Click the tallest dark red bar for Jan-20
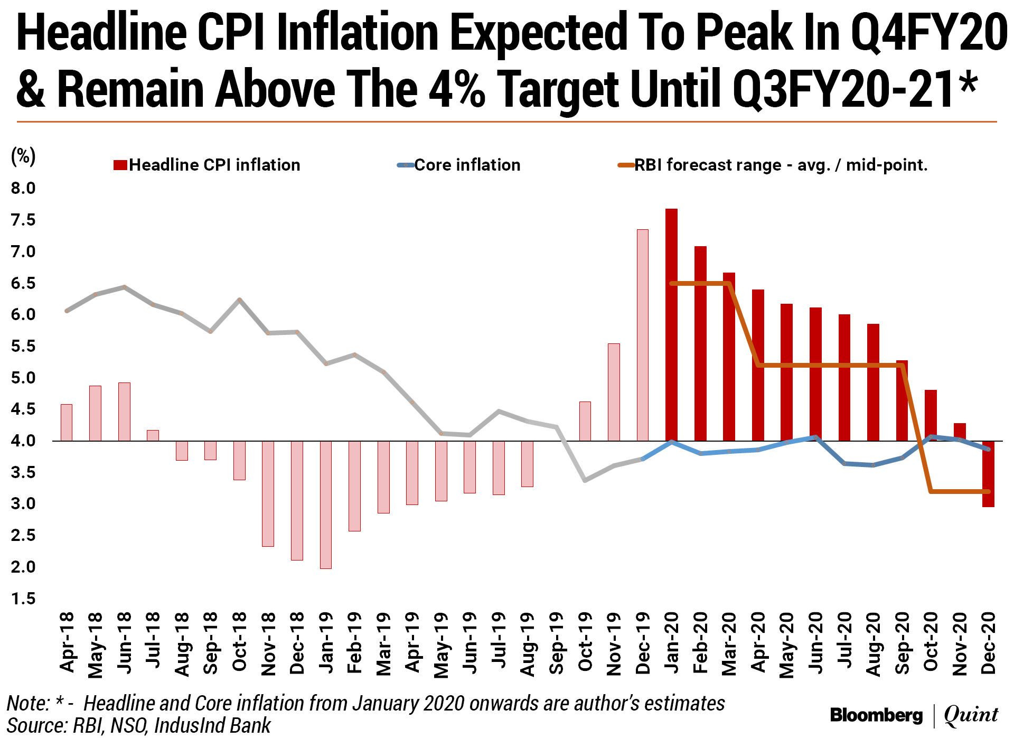[x=671, y=324]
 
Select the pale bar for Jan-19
[x=326, y=505]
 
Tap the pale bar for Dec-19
[x=643, y=335]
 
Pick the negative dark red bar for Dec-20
[x=988, y=474]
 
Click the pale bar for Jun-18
[x=124, y=412]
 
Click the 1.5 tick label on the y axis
[x=23, y=599]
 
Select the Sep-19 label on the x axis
[x=556, y=643]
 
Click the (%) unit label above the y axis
[x=23, y=156]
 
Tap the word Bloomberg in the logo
[x=876, y=715]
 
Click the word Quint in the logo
[x=971, y=715]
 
